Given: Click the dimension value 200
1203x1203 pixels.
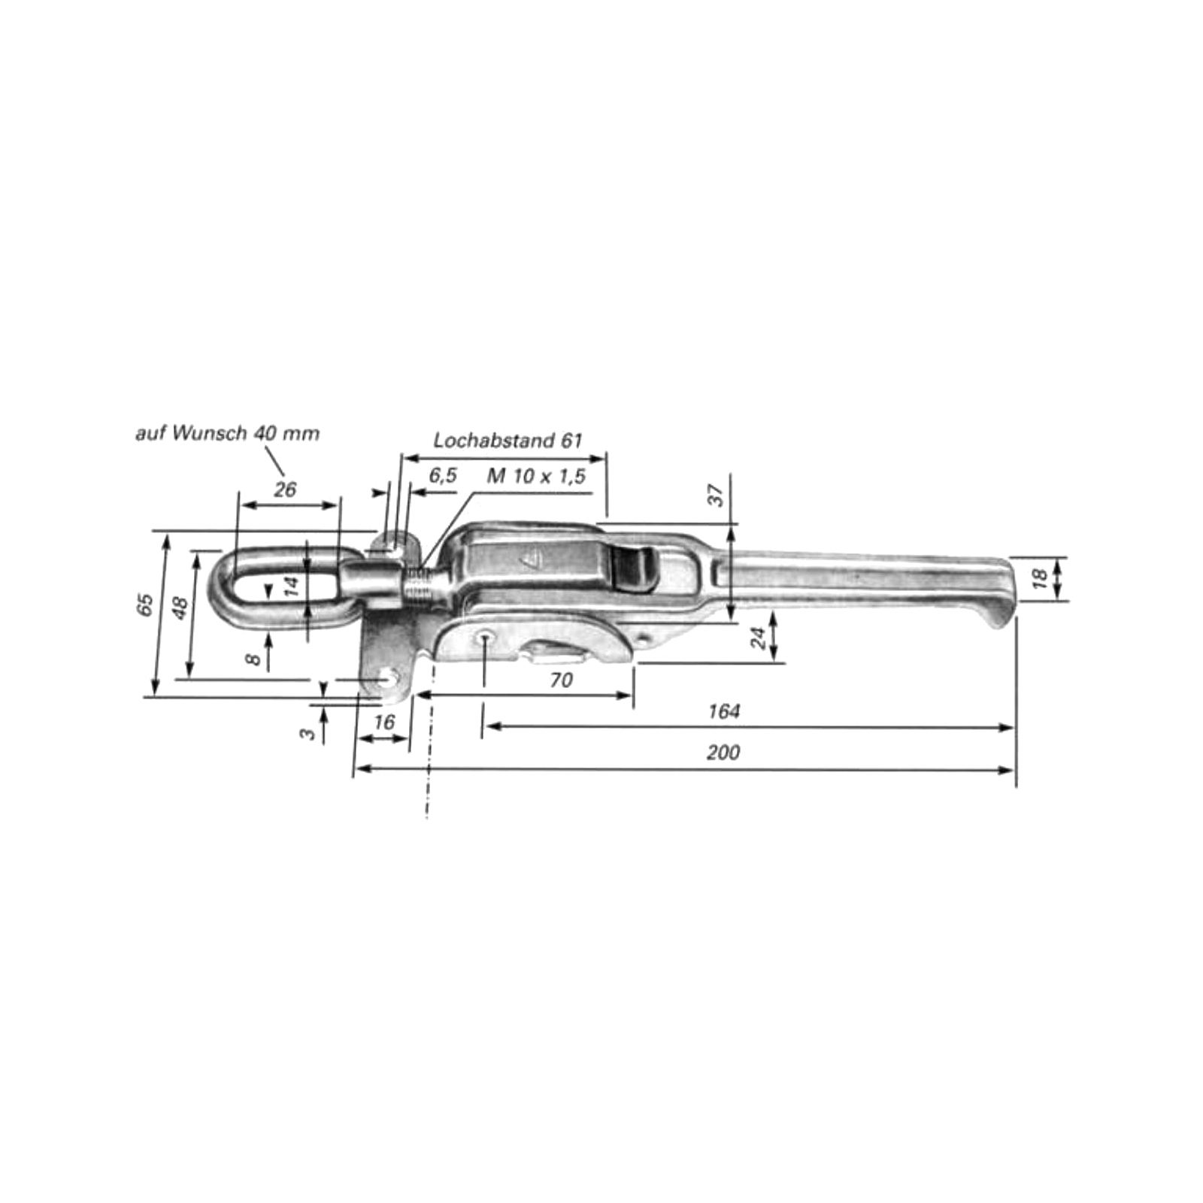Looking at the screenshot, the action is (x=723, y=753).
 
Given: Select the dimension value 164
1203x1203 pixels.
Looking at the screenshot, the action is (x=723, y=711).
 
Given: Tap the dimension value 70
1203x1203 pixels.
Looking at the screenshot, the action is (x=561, y=680).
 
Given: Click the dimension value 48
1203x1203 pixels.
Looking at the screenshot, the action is (x=179, y=608).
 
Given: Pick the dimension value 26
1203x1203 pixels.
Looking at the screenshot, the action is (x=285, y=489).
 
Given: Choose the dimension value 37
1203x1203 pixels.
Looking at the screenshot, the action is (x=717, y=495).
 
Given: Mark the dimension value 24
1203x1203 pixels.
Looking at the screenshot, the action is (x=759, y=638).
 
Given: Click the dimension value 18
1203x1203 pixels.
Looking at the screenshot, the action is (x=1040, y=578).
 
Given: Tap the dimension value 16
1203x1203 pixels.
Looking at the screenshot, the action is (x=383, y=723).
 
